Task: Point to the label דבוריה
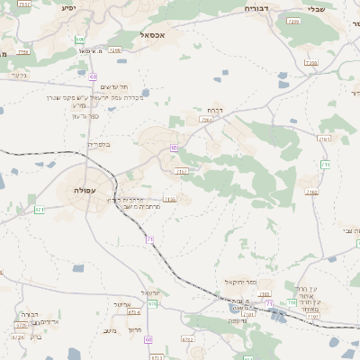tap(262, 7)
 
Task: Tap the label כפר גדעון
tap(84, 116)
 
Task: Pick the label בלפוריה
tap(96, 143)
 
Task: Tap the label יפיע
tap(68, 7)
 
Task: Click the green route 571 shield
tap(40, 210)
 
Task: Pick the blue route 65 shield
tap(175, 147)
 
